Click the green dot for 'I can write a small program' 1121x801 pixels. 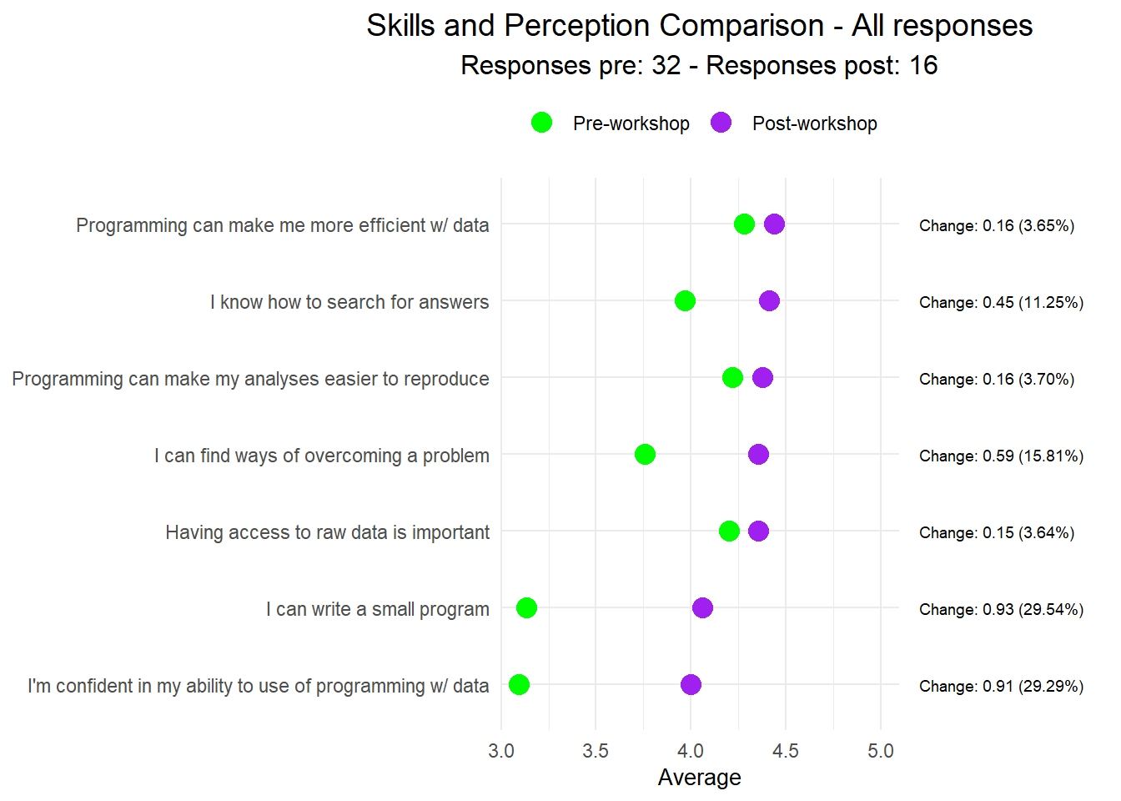(x=526, y=607)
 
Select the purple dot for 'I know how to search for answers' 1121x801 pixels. (x=769, y=300)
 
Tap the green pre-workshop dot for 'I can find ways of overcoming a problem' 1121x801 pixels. (x=645, y=454)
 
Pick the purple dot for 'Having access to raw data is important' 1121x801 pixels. (x=758, y=531)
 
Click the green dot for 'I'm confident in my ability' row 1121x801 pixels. (x=519, y=684)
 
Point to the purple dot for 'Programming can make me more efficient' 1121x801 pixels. (x=774, y=224)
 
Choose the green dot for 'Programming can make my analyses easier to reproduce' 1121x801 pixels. (x=732, y=377)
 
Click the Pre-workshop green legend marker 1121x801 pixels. (x=541, y=123)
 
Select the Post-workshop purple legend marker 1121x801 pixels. (x=721, y=123)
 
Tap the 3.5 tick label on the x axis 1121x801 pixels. (x=596, y=751)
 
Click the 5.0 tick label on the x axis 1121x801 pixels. (x=880, y=751)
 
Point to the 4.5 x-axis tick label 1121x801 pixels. (x=785, y=751)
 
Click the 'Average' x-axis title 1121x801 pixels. (x=699, y=778)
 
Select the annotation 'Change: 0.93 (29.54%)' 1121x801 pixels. (x=1001, y=609)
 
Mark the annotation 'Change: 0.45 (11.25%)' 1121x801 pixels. (x=1001, y=302)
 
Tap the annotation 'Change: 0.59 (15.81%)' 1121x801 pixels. (x=1001, y=456)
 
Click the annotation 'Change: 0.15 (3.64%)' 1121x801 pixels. (x=996, y=532)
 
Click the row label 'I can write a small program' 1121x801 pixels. (x=377, y=609)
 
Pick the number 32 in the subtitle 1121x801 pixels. (x=666, y=65)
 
